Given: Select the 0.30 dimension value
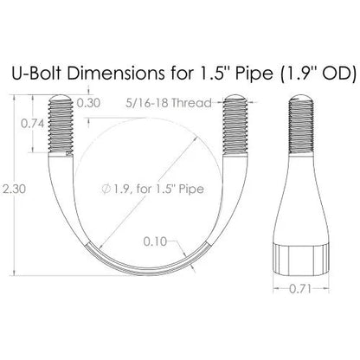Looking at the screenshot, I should [x=89, y=102].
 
